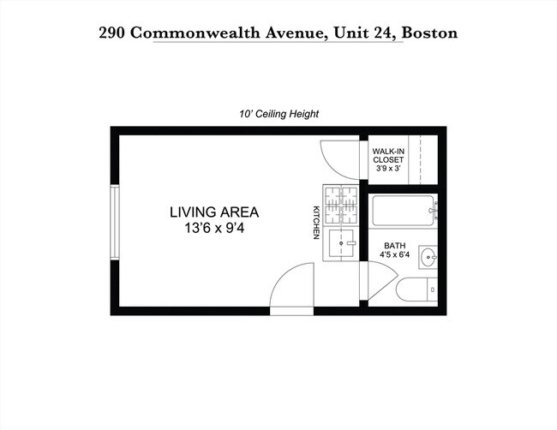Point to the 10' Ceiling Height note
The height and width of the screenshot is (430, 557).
coord(279,113)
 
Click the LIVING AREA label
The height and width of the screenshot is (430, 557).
coord(213,212)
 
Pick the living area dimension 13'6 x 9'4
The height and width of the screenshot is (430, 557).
coord(213,228)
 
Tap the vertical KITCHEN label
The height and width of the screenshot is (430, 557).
coord(315,222)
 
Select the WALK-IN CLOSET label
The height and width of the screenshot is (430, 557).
coord(388,156)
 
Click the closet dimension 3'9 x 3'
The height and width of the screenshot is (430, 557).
coord(388,169)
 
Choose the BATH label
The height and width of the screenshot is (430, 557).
coord(394,245)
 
